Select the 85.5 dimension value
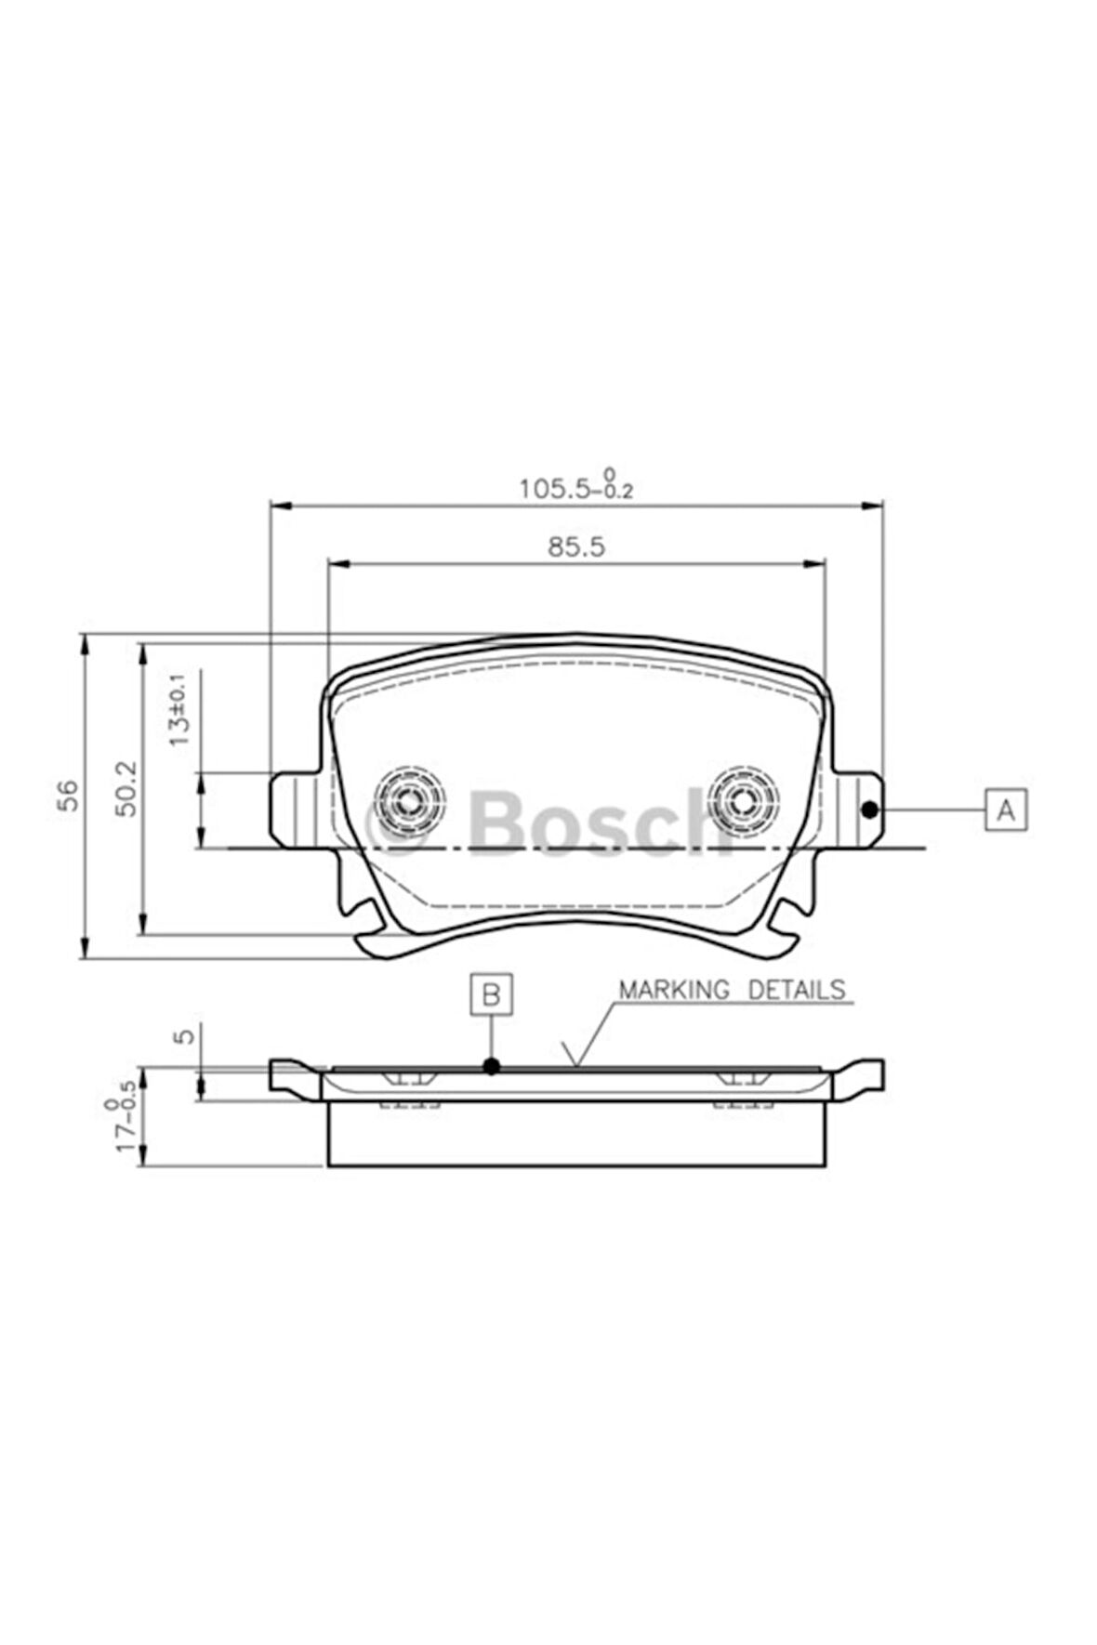pyautogui.click(x=575, y=546)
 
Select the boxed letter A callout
pyautogui.click(x=1005, y=809)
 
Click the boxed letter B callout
pyautogui.click(x=491, y=995)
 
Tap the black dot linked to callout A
pyautogui.click(x=869, y=809)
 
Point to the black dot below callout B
pyautogui.click(x=492, y=1066)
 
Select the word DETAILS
pyautogui.click(x=798, y=990)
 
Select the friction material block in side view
pyautogui.click(x=576, y=1134)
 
